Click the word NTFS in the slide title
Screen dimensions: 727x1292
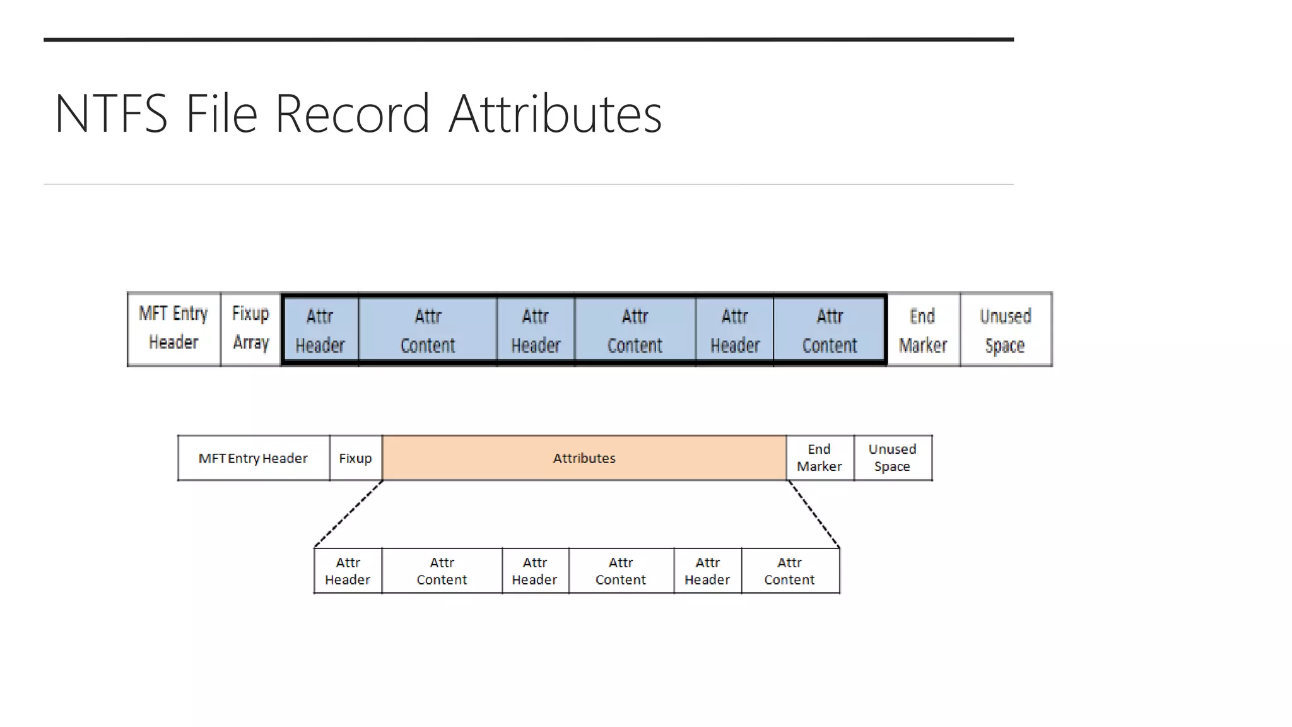coord(111,114)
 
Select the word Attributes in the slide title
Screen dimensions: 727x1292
coord(555,114)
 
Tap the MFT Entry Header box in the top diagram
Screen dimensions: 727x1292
coord(173,329)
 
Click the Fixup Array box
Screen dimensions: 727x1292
coord(250,329)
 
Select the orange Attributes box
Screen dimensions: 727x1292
coord(584,458)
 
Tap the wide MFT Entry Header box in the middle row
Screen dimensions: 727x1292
coord(253,458)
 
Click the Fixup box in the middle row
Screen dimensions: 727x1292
coord(355,458)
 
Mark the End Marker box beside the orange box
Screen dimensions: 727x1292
coord(819,458)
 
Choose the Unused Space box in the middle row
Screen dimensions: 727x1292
coord(892,458)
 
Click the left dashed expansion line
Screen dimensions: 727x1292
coord(349,514)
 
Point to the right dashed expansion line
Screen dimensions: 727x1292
coord(814,514)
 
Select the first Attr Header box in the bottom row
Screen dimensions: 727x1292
coord(348,571)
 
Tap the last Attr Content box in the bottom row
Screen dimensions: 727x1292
coord(790,571)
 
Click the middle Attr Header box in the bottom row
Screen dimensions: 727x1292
coord(535,571)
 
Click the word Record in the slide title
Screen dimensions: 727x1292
coord(352,114)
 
